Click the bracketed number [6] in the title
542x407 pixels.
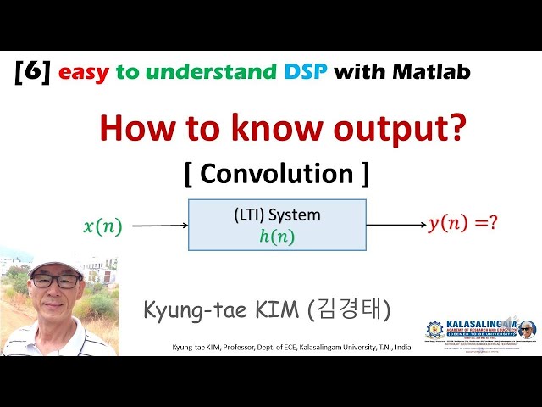point(34,72)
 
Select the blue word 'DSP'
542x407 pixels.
point(303,72)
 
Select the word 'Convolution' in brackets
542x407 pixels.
point(277,173)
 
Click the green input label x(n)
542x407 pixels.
point(102,226)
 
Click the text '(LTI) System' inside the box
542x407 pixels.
point(277,215)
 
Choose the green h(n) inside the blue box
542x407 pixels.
point(277,237)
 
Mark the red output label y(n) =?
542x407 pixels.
point(462,224)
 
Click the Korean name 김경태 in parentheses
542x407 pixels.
point(352,309)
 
